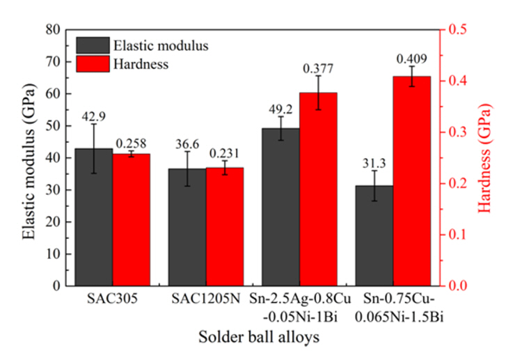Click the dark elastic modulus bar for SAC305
click(94, 223)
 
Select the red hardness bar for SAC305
click(131, 223)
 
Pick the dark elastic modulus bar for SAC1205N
click(187, 230)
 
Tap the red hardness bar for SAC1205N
click(224, 230)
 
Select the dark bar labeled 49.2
click(280, 209)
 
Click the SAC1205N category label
click(206, 300)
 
